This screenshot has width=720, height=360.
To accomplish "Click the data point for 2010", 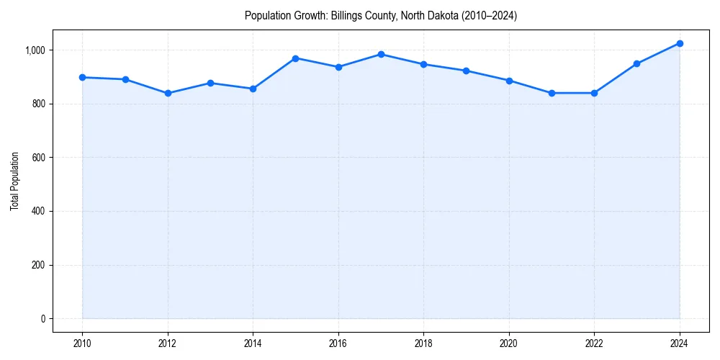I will (82, 77).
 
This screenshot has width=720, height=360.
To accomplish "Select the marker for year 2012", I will (168, 93).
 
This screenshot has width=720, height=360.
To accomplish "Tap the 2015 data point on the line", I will (296, 58).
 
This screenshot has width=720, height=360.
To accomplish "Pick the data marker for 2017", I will (381, 54).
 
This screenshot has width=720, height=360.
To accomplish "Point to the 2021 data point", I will (552, 93).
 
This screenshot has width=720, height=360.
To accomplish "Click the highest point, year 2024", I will (680, 43).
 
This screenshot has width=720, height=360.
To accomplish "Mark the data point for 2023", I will (637, 63).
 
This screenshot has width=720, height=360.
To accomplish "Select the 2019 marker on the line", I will (467, 71).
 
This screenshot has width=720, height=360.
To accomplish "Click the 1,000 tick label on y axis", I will (35, 50).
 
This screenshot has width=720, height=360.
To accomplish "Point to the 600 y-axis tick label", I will (38, 158).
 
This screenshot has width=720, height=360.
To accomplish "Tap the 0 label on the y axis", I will (42, 319).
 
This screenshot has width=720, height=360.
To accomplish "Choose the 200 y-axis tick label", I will (38, 265).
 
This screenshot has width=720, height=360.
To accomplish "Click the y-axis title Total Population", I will (14, 181).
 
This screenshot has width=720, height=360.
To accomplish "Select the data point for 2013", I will (210, 83).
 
